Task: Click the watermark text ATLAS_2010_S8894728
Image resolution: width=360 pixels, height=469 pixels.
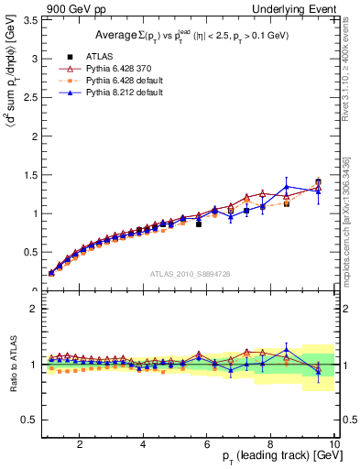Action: pos(190,274)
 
